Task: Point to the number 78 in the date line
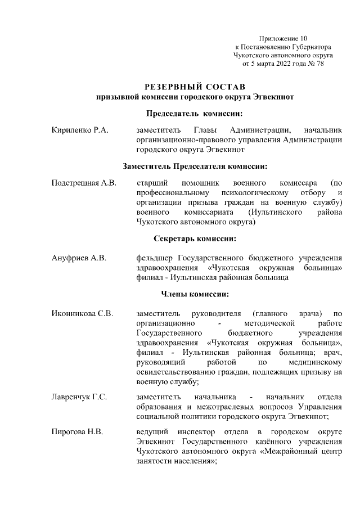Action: tap(319, 64)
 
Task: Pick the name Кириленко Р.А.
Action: tap(79, 130)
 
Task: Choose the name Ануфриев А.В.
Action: tap(79, 258)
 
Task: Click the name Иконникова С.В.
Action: tap(82, 313)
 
